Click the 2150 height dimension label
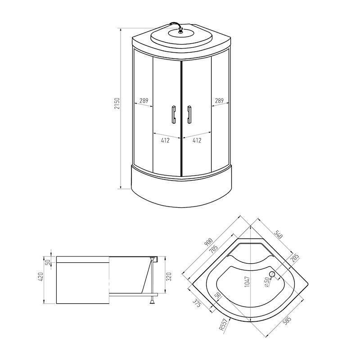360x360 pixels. pyautogui.click(x=117, y=104)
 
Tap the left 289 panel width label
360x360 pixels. pyautogui.click(x=144, y=100)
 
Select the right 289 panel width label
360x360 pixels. pyautogui.click(x=219, y=100)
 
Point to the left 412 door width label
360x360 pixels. pyautogui.click(x=165, y=140)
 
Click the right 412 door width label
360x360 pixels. pyautogui.click(x=197, y=140)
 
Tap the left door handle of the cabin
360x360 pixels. pyautogui.click(x=174, y=115)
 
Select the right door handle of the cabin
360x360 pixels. pyautogui.click(x=189, y=115)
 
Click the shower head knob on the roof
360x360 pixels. pyautogui.click(x=181, y=30)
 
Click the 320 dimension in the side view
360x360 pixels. pyautogui.click(x=169, y=277)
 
